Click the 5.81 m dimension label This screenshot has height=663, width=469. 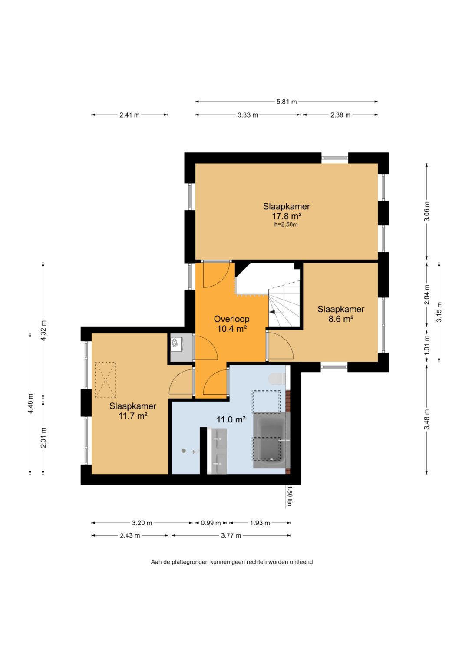coord(286,102)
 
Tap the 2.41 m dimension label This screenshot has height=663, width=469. coord(129,115)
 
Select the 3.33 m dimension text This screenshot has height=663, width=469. coord(248,115)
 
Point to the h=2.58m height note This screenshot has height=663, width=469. coord(286,224)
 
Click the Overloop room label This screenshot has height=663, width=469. coord(231,319)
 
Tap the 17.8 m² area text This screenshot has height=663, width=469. coord(286,216)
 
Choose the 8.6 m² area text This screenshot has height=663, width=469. coord(341,319)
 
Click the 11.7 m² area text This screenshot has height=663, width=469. coord(133,416)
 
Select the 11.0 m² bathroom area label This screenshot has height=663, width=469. coord(231,419)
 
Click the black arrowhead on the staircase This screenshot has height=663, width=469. coord(272,312)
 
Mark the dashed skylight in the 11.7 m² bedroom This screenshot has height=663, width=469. coord(105,380)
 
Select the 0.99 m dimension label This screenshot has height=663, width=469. coord(211,523)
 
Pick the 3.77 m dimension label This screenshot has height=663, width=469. coord(231,535)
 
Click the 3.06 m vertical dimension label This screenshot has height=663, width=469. coord(426,211)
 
